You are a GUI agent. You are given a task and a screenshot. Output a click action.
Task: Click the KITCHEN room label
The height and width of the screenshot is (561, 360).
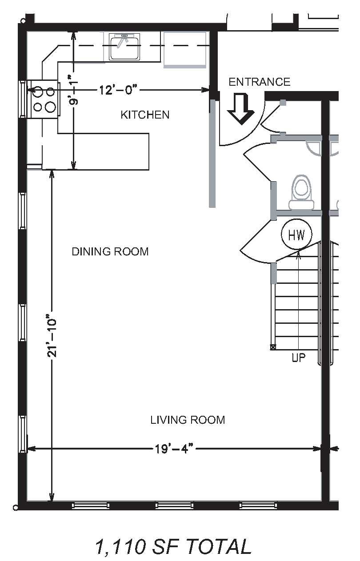pos(145,115)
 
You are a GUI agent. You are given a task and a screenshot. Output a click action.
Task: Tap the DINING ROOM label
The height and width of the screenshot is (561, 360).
pos(110,251)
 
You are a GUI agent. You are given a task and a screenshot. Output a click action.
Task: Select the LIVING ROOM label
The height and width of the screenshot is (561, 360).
pos(188,420)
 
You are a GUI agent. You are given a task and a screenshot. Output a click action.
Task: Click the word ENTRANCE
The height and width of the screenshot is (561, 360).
pos(260,82)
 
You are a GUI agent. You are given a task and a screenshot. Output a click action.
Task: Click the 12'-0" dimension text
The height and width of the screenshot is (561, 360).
pos(119,90)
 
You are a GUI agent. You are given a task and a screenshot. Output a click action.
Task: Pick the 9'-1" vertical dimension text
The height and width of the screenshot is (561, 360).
pos(74,90)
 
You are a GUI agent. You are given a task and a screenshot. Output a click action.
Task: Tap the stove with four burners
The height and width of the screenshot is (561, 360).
pos(43,99)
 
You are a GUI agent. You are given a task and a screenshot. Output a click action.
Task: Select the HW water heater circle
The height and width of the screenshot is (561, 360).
pos(296,234)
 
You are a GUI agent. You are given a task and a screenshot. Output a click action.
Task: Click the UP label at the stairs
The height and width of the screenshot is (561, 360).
pos(299,358)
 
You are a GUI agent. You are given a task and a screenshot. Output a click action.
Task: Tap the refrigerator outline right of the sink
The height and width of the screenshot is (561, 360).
pos(185,50)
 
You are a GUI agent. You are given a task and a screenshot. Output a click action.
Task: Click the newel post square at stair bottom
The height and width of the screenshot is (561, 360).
pos(273,347)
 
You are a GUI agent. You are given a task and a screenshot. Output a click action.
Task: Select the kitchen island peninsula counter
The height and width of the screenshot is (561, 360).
pos(103,151)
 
